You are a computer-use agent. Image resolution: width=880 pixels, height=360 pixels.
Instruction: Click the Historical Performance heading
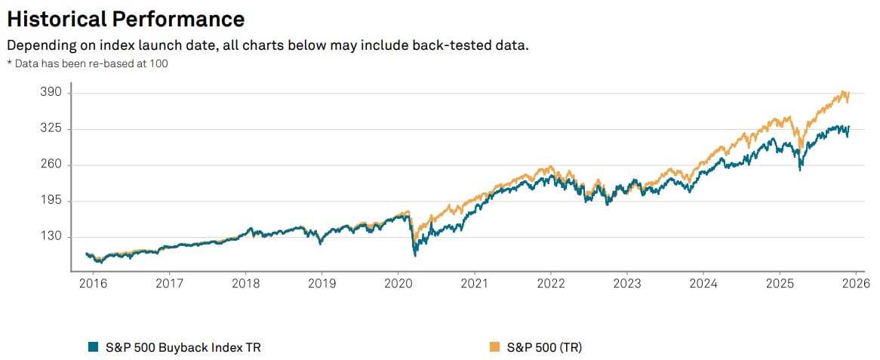pyautogui.click(x=125, y=19)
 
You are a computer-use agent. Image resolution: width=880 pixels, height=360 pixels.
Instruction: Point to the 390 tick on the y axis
pyautogui.click(x=56, y=92)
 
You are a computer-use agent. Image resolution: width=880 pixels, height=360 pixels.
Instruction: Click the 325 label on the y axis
pyautogui.click(x=56, y=128)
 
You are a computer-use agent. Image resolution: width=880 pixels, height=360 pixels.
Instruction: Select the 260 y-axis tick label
pyautogui.click(x=56, y=165)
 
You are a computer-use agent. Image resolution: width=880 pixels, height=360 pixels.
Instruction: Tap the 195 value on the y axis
pyautogui.click(x=56, y=201)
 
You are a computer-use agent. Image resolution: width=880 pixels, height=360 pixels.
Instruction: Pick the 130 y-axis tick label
pyautogui.click(x=56, y=237)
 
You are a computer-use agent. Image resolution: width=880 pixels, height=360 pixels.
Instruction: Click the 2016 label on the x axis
pyautogui.click(x=93, y=284)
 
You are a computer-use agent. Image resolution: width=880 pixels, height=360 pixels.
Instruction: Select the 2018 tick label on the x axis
pyautogui.click(x=245, y=284)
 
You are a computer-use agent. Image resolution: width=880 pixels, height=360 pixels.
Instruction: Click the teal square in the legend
pyautogui.click(x=93, y=346)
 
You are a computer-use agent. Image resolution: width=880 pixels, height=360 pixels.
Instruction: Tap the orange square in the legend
pyautogui.click(x=495, y=346)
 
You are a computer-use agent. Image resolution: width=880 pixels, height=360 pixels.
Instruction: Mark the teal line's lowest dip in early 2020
pyautogui.click(x=415, y=256)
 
